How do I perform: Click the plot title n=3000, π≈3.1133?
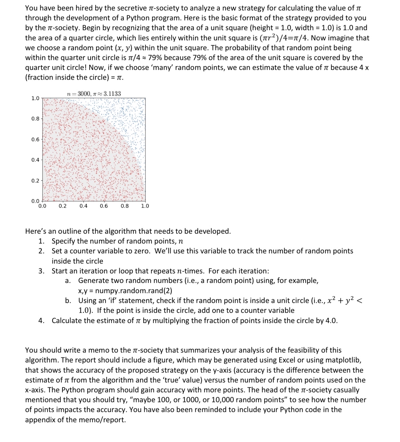pyautogui.click(x=94, y=94)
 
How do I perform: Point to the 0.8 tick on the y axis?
pyautogui.click(x=35, y=119)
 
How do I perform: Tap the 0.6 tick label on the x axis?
pyautogui.click(x=104, y=206)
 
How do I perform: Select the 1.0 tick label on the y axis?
pyautogui.click(x=35, y=99)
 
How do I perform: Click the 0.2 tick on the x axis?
pyautogui.click(x=63, y=206)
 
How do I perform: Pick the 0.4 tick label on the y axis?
pyautogui.click(x=35, y=160)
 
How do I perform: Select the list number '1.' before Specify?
pyautogui.click(x=41, y=241)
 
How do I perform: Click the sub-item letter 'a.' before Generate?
pyautogui.click(x=68, y=281)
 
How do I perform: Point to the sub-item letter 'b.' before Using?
pyautogui.click(x=68, y=300)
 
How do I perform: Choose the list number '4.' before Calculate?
pyautogui.click(x=41, y=320)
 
